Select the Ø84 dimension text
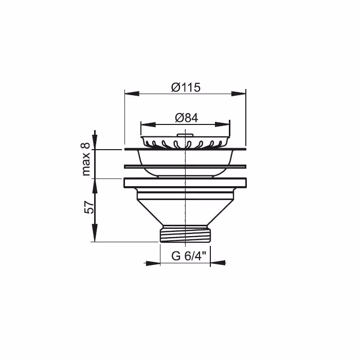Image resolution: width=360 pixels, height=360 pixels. tap(186, 118)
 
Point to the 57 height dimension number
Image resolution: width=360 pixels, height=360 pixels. tap(88, 207)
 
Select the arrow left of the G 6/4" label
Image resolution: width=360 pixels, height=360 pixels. tap(153, 263)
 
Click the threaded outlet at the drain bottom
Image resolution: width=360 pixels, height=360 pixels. tap(185, 235)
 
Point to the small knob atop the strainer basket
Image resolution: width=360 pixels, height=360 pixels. tap(184, 136)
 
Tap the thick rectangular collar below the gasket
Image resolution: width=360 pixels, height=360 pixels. tap(185, 183)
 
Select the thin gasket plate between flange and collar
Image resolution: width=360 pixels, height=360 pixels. tap(185, 166)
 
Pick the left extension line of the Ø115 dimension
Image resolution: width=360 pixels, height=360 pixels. tap(124, 118)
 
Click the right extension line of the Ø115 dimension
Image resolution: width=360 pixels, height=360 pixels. tap(245, 118)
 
